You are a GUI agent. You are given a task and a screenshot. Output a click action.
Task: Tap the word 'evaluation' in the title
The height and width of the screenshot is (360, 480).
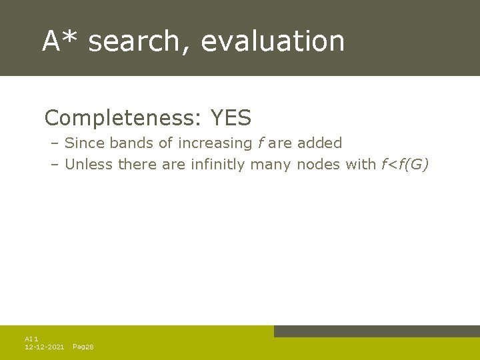tap(273, 41)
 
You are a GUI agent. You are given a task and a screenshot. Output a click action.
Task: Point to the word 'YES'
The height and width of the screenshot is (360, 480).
tap(231, 119)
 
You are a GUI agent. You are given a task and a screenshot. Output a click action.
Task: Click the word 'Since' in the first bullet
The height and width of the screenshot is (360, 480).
tap(85, 143)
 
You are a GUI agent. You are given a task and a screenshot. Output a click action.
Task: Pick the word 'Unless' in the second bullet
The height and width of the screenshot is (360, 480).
tap(89, 164)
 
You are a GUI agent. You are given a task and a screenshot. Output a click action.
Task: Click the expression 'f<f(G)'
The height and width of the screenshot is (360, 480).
tap(405, 164)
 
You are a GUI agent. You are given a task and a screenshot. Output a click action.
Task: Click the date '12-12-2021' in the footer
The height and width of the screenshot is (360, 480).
tap(44, 347)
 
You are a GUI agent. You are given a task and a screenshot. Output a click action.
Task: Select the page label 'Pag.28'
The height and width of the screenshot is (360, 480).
tap(83, 347)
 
